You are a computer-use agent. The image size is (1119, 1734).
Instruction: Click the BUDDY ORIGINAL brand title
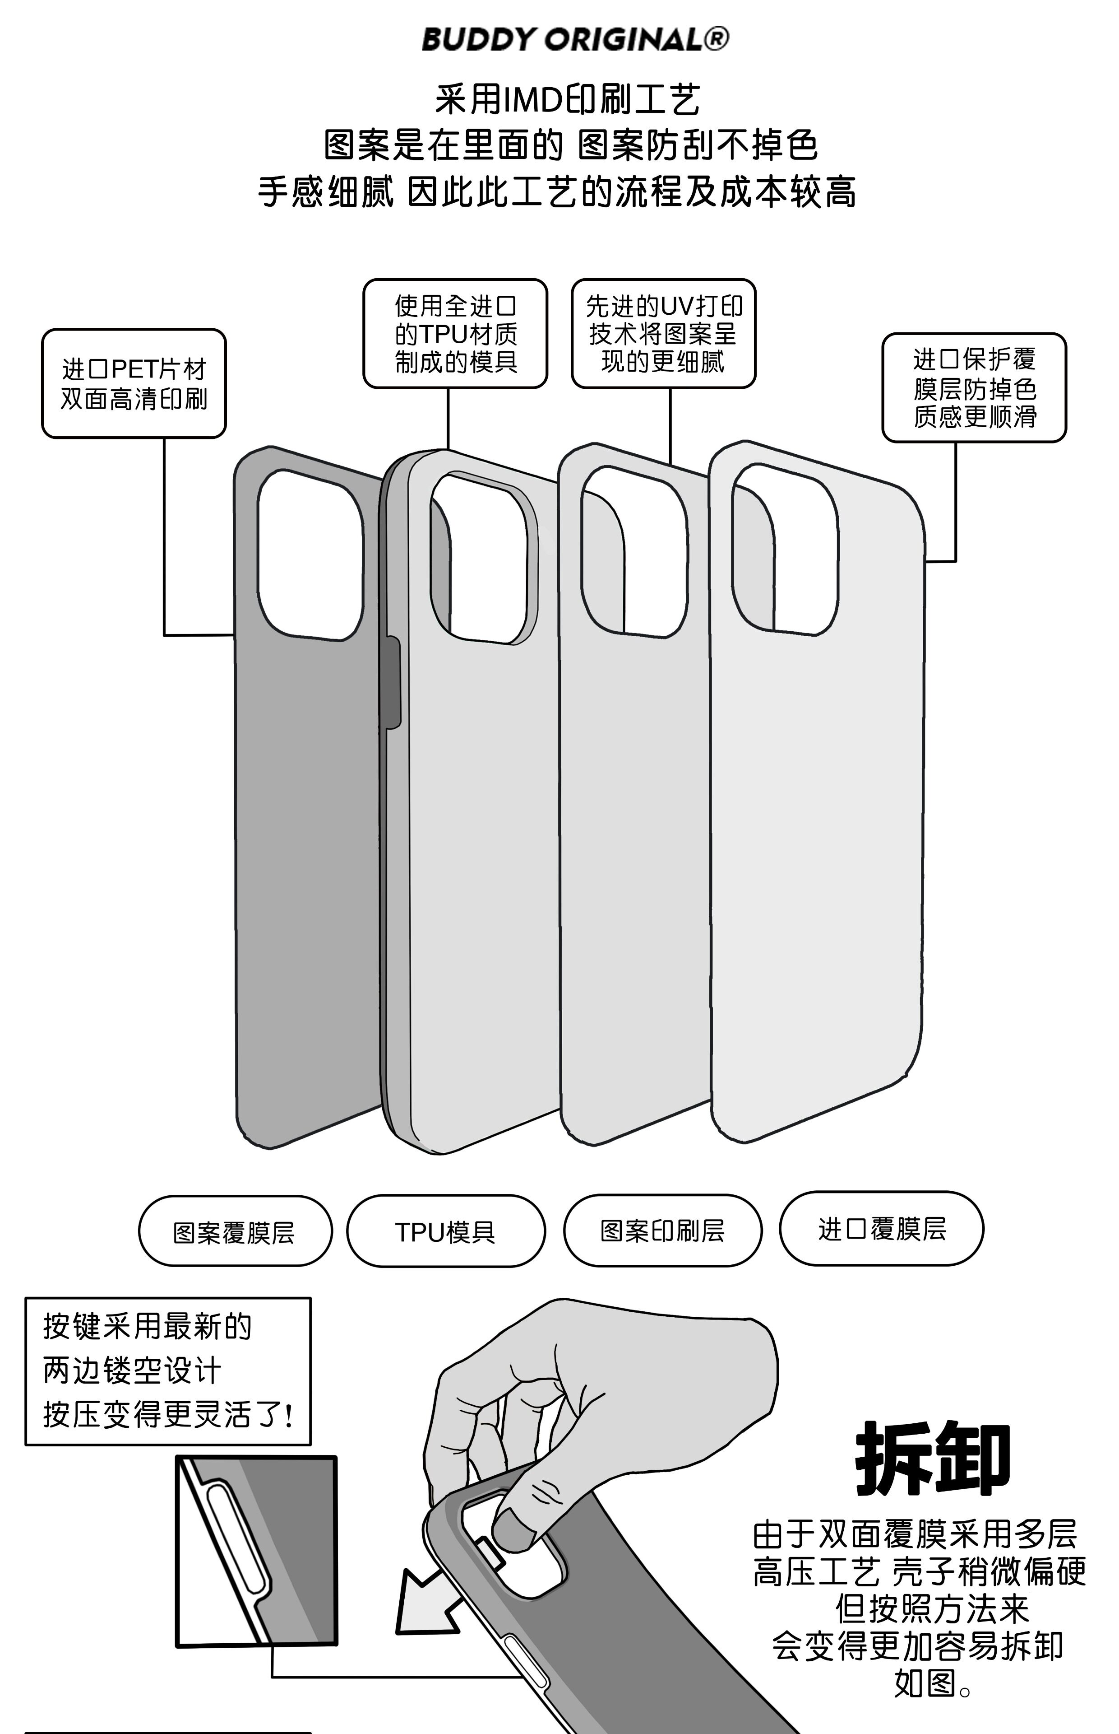(563, 39)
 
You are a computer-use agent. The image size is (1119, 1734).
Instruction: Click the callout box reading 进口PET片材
(134, 384)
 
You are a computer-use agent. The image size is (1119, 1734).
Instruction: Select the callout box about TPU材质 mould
(455, 334)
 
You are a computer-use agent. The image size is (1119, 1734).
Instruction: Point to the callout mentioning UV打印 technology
(663, 334)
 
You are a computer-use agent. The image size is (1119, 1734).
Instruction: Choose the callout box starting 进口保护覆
(974, 387)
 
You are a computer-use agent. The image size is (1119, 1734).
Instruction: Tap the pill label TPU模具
(445, 1231)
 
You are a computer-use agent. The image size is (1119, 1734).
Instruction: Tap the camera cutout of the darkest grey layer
(310, 555)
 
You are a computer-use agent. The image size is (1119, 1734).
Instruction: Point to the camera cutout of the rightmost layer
(785, 549)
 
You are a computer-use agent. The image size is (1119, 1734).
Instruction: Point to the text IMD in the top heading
(534, 100)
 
